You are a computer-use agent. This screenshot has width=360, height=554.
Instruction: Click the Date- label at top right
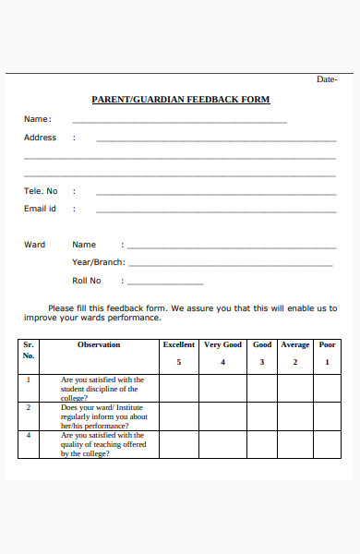tap(327, 79)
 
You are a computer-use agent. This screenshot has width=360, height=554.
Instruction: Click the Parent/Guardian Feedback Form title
tap(180, 100)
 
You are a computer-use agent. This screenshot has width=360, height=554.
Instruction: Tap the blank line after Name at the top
tap(179, 121)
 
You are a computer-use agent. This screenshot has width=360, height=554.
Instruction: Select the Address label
tap(40, 138)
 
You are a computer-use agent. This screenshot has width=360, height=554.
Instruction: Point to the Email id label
tap(40, 209)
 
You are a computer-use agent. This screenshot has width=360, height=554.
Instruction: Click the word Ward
tap(34, 245)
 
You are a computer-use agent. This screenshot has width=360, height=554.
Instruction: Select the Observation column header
tap(99, 345)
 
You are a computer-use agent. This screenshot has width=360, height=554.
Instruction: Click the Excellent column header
tap(179, 345)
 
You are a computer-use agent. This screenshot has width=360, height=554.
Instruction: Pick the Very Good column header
tap(222, 345)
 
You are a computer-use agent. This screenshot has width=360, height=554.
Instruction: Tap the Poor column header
tap(327, 345)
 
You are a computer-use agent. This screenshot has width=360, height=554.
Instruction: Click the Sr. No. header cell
tap(29, 350)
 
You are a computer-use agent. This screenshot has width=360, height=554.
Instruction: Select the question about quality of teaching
tap(102, 444)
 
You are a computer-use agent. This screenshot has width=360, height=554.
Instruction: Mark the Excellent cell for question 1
tap(179, 389)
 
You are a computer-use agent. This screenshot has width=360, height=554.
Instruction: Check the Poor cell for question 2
tap(327, 416)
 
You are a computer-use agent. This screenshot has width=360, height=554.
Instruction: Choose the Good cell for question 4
tap(262, 444)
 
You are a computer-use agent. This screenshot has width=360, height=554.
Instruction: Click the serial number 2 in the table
tap(29, 407)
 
